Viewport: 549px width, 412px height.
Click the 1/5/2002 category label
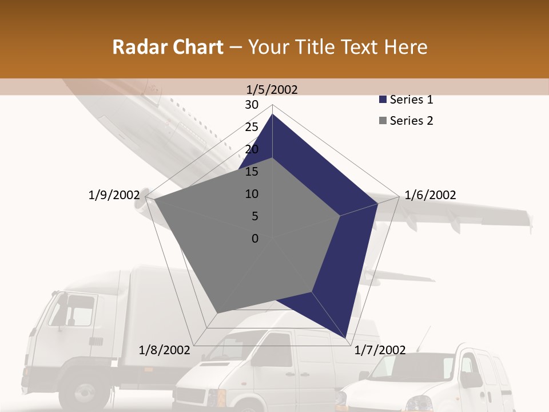click(x=272, y=89)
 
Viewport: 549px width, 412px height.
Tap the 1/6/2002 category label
click(x=430, y=195)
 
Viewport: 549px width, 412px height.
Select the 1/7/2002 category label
click(x=380, y=350)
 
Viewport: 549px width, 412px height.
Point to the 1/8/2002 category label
click(x=165, y=350)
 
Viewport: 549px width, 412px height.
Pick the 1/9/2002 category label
click(x=114, y=195)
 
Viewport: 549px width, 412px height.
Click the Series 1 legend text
click(x=411, y=100)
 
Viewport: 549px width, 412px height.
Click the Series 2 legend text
click(x=411, y=121)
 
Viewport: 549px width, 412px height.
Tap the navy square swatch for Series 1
click(x=383, y=100)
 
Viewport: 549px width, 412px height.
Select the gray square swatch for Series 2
click(x=383, y=121)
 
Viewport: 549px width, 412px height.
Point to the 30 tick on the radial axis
click(x=252, y=105)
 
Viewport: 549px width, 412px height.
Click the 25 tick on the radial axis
click(x=252, y=127)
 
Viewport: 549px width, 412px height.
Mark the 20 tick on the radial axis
click(x=252, y=149)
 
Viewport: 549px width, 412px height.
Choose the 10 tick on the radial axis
click(x=252, y=194)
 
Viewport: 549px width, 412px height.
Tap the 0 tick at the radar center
click(x=255, y=239)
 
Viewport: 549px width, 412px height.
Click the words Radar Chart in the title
click(x=168, y=47)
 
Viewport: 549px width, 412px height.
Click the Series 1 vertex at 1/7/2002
click(x=347, y=338)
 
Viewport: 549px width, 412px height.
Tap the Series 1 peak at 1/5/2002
click(x=273, y=114)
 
